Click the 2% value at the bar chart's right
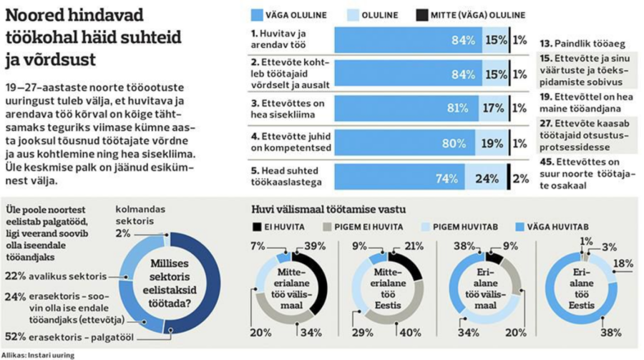tap(521, 177)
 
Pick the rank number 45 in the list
tap(546, 162)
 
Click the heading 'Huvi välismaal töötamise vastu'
tap(329, 210)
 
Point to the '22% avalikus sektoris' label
tap(56, 275)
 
